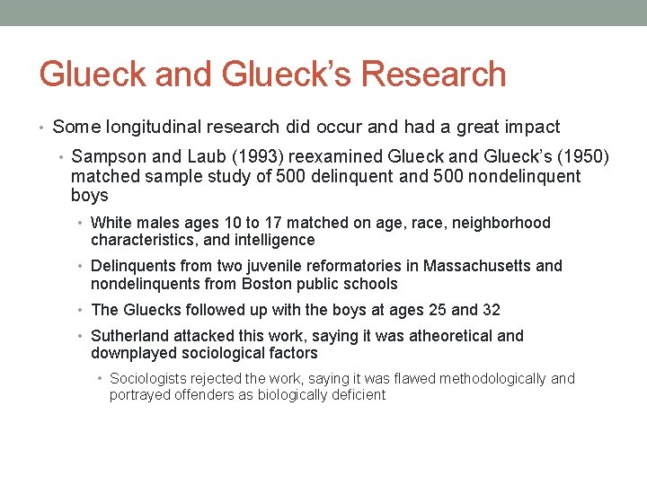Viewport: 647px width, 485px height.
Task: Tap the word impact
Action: coord(531,128)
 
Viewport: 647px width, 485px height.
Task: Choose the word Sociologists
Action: coord(149,379)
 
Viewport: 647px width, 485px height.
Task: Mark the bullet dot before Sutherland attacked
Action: coord(81,336)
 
